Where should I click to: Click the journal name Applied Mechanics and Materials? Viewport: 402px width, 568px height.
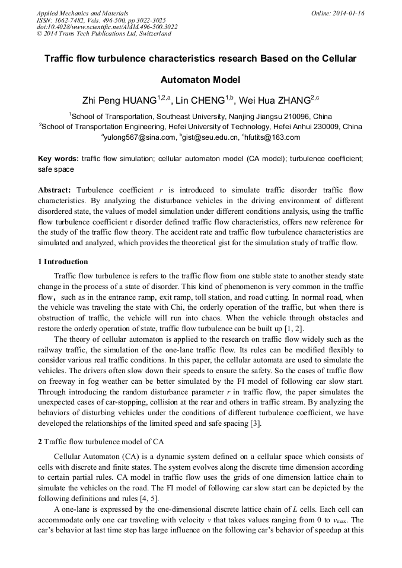(x=82, y=12)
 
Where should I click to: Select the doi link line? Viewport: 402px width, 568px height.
(x=107, y=27)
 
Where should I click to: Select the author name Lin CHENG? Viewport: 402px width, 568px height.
(x=202, y=101)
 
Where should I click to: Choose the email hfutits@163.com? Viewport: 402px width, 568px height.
(x=272, y=137)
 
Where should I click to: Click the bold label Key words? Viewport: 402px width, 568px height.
(x=58, y=159)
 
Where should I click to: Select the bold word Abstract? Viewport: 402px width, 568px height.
(x=55, y=190)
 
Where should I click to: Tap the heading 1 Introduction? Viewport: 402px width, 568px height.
(x=63, y=262)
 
